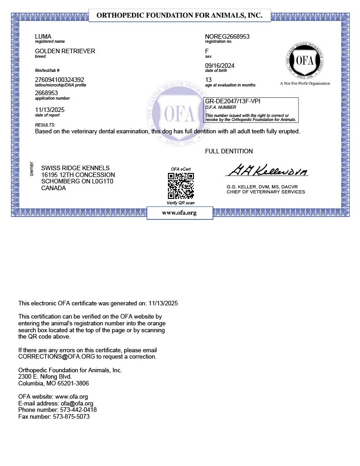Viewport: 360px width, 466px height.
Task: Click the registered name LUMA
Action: click(x=43, y=36)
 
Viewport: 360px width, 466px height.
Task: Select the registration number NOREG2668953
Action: click(x=227, y=36)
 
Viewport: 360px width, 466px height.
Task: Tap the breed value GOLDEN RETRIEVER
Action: click(x=65, y=51)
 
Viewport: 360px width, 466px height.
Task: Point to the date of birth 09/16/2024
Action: click(x=220, y=66)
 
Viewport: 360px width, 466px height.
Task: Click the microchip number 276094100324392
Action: click(x=60, y=80)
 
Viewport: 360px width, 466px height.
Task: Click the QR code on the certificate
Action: click(x=181, y=186)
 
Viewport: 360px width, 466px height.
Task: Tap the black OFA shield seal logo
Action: click(x=304, y=61)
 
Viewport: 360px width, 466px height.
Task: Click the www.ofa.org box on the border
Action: click(x=179, y=213)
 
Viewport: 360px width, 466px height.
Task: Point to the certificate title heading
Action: click(x=179, y=15)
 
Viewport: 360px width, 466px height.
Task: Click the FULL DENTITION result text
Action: click(x=229, y=151)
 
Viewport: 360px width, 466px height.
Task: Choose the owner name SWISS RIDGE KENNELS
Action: click(x=75, y=168)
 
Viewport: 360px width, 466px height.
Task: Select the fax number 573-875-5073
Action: click(x=71, y=416)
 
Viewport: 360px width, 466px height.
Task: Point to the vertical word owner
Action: click(x=32, y=168)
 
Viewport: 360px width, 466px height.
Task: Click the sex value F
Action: click(x=207, y=51)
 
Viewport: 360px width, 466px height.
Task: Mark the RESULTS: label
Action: click(x=45, y=125)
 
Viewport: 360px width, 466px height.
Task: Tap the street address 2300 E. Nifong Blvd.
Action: click(x=45, y=377)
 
